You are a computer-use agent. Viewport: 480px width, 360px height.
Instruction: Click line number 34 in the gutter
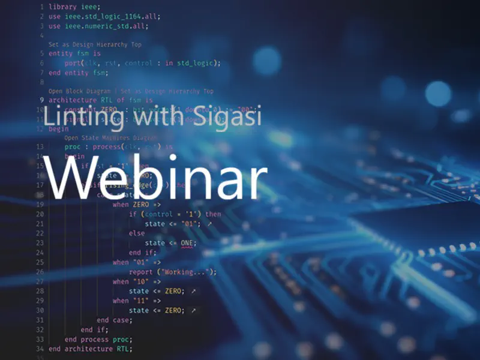[40, 349]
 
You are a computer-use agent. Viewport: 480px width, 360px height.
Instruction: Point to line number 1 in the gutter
[41, 7]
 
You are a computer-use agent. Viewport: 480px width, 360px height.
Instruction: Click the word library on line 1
[62, 7]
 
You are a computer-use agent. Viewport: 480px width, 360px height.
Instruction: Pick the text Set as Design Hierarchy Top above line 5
[95, 44]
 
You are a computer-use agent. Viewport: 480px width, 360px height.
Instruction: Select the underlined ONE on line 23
[188, 243]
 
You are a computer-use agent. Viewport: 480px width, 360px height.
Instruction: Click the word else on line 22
[137, 233]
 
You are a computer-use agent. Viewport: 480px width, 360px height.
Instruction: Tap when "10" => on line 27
[137, 281]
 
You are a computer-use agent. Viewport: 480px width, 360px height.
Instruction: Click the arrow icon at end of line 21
[209, 224]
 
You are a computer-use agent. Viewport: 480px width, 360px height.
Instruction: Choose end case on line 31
[114, 320]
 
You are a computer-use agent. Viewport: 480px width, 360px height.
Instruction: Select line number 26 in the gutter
[40, 272]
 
